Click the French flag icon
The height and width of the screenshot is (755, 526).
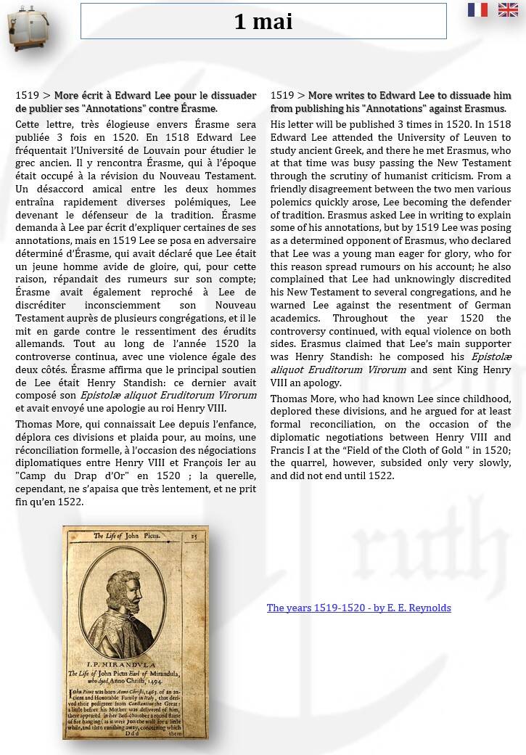[477, 9]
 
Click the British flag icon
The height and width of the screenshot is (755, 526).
[508, 9]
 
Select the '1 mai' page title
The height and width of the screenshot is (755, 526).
[263, 22]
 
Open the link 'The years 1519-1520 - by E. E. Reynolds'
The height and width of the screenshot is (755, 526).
[358, 608]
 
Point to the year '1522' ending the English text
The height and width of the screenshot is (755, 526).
[380, 476]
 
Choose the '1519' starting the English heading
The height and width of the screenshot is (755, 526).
[282, 96]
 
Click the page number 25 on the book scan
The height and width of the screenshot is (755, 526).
[194, 536]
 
